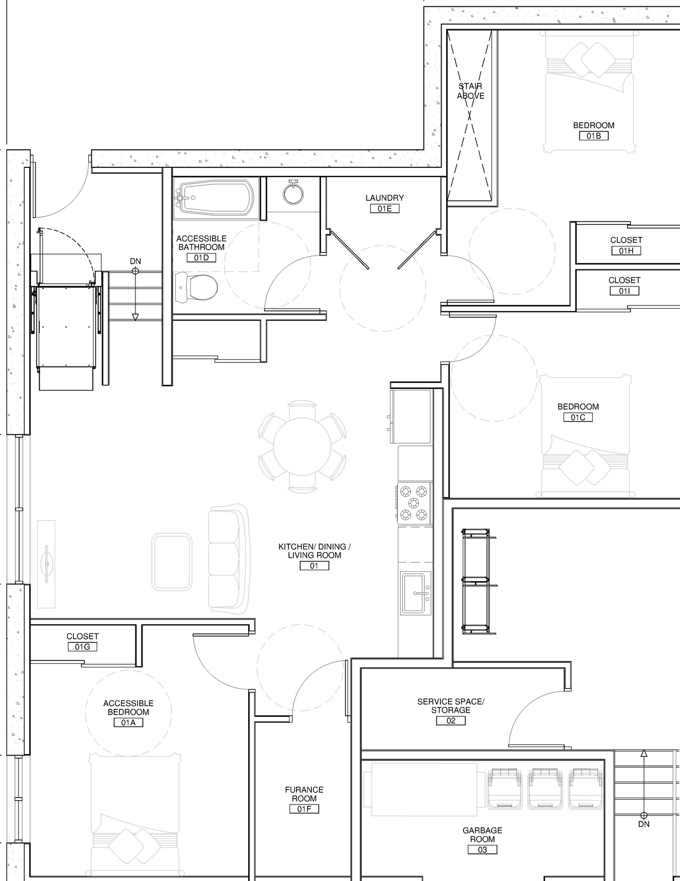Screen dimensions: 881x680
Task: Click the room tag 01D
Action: [x=201, y=258]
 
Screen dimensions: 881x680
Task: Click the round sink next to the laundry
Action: [x=293, y=193]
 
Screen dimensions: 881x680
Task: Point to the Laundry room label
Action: [x=385, y=198]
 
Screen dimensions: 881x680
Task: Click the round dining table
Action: [x=302, y=446]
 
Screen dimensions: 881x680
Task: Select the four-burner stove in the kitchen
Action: [x=414, y=503]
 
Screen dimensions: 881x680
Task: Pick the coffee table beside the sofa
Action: [x=172, y=562]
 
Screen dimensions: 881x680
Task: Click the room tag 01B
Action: [x=593, y=136]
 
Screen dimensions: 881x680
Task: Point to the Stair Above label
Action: [x=471, y=91]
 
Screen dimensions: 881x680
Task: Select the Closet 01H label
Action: [x=626, y=240]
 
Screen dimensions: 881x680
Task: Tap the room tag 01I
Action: [x=624, y=291]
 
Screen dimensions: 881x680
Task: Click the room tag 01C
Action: [x=578, y=417]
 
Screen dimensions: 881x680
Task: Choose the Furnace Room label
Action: [x=304, y=794]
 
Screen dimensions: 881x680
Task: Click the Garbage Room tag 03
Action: [x=482, y=850]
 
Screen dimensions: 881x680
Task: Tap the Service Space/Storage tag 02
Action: [x=450, y=721]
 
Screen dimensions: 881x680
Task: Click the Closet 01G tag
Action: [x=82, y=647]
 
